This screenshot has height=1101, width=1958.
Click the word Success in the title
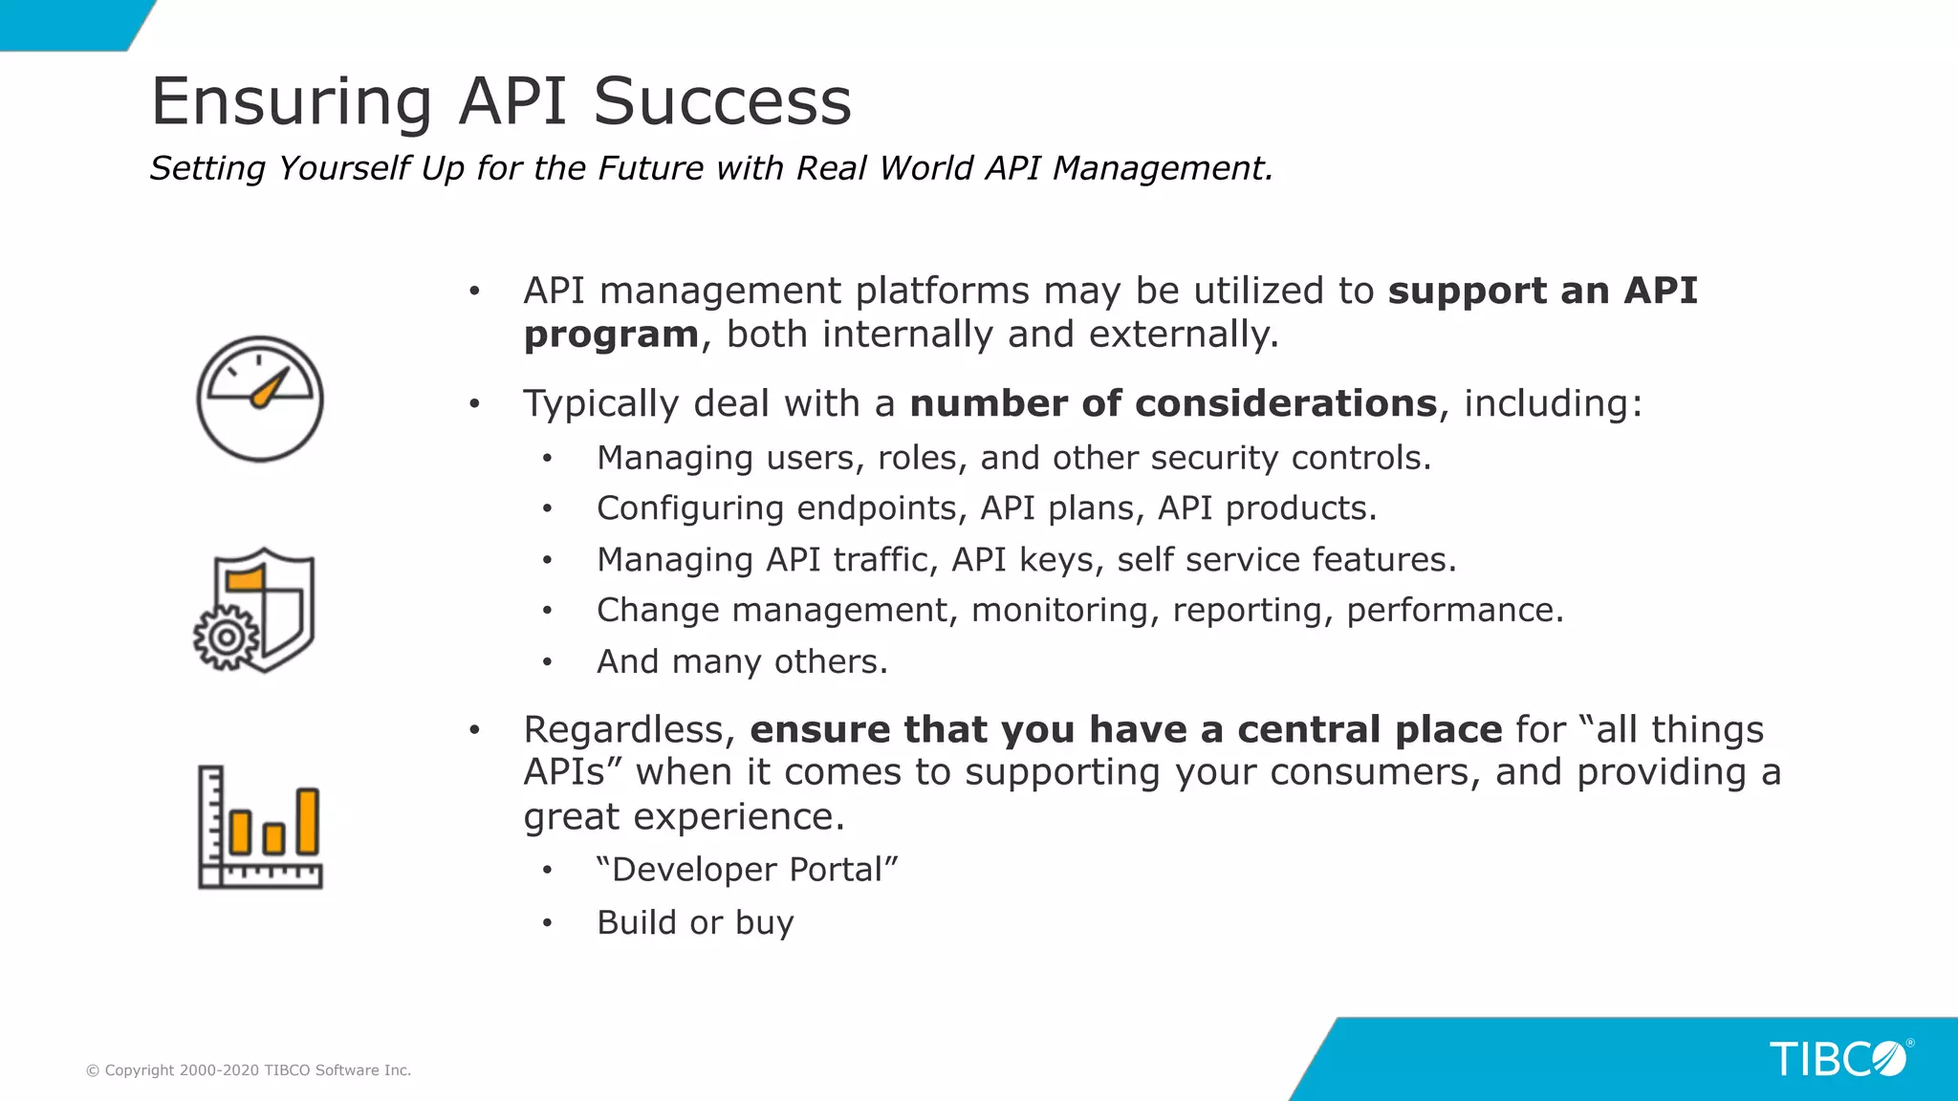coord(722,101)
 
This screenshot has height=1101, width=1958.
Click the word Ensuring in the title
coord(292,103)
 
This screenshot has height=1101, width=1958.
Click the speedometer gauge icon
coord(260,399)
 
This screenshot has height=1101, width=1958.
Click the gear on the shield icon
coord(226,637)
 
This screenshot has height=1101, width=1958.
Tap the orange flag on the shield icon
coord(245,578)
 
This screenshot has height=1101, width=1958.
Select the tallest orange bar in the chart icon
coord(307,821)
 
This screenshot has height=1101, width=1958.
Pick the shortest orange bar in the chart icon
coord(273,838)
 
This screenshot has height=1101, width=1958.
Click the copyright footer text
coord(249,1070)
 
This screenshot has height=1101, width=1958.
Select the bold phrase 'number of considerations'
coord(1173,403)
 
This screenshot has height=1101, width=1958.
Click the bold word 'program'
coord(611,335)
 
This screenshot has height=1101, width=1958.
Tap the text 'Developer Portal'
coord(747,870)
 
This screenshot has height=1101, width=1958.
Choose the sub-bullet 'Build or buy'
coord(695,922)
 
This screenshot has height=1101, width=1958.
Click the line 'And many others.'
coord(742,661)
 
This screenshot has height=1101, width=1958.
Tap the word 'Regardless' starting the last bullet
coord(628,729)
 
